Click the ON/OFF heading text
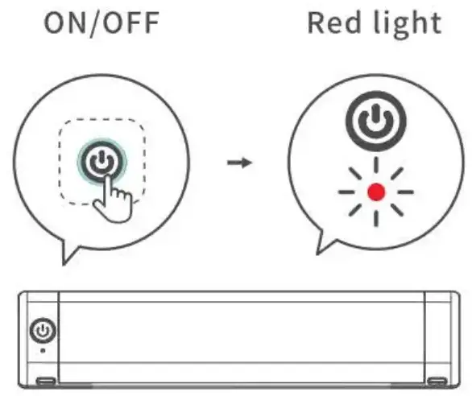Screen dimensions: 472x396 [x=101, y=23]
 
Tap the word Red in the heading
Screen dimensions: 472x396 [x=334, y=23]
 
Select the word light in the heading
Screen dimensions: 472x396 [x=408, y=25]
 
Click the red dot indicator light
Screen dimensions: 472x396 [x=376, y=192]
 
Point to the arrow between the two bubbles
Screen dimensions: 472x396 [x=239, y=163]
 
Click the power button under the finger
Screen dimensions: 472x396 [x=102, y=162]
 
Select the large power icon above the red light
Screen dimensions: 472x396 [x=376, y=121]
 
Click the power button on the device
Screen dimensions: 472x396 [x=43, y=330]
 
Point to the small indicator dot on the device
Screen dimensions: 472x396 [x=43, y=351]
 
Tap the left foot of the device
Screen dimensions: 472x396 [x=46, y=382]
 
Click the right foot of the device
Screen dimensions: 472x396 [x=437, y=382]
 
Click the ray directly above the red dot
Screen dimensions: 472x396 [x=376, y=166]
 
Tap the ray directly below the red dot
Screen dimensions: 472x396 [x=376, y=218]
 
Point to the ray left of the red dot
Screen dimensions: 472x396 [x=346, y=192]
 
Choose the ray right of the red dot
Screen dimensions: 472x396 [x=405, y=192]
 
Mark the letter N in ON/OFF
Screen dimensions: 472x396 [x=77, y=23]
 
